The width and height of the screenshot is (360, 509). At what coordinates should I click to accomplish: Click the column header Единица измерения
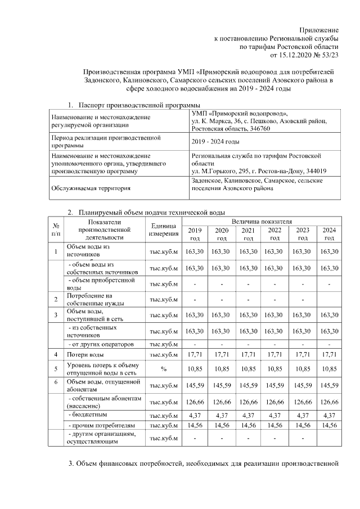(163, 229)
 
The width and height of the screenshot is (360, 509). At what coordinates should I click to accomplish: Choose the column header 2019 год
(195, 234)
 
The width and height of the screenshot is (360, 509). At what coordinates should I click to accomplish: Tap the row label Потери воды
(85, 354)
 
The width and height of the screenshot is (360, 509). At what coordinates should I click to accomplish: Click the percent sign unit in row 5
(164, 369)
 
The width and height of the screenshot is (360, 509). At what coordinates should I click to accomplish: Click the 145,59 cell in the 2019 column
(195, 386)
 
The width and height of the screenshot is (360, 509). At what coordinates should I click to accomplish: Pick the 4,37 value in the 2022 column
(275, 416)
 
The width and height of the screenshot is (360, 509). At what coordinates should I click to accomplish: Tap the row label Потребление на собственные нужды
(91, 299)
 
